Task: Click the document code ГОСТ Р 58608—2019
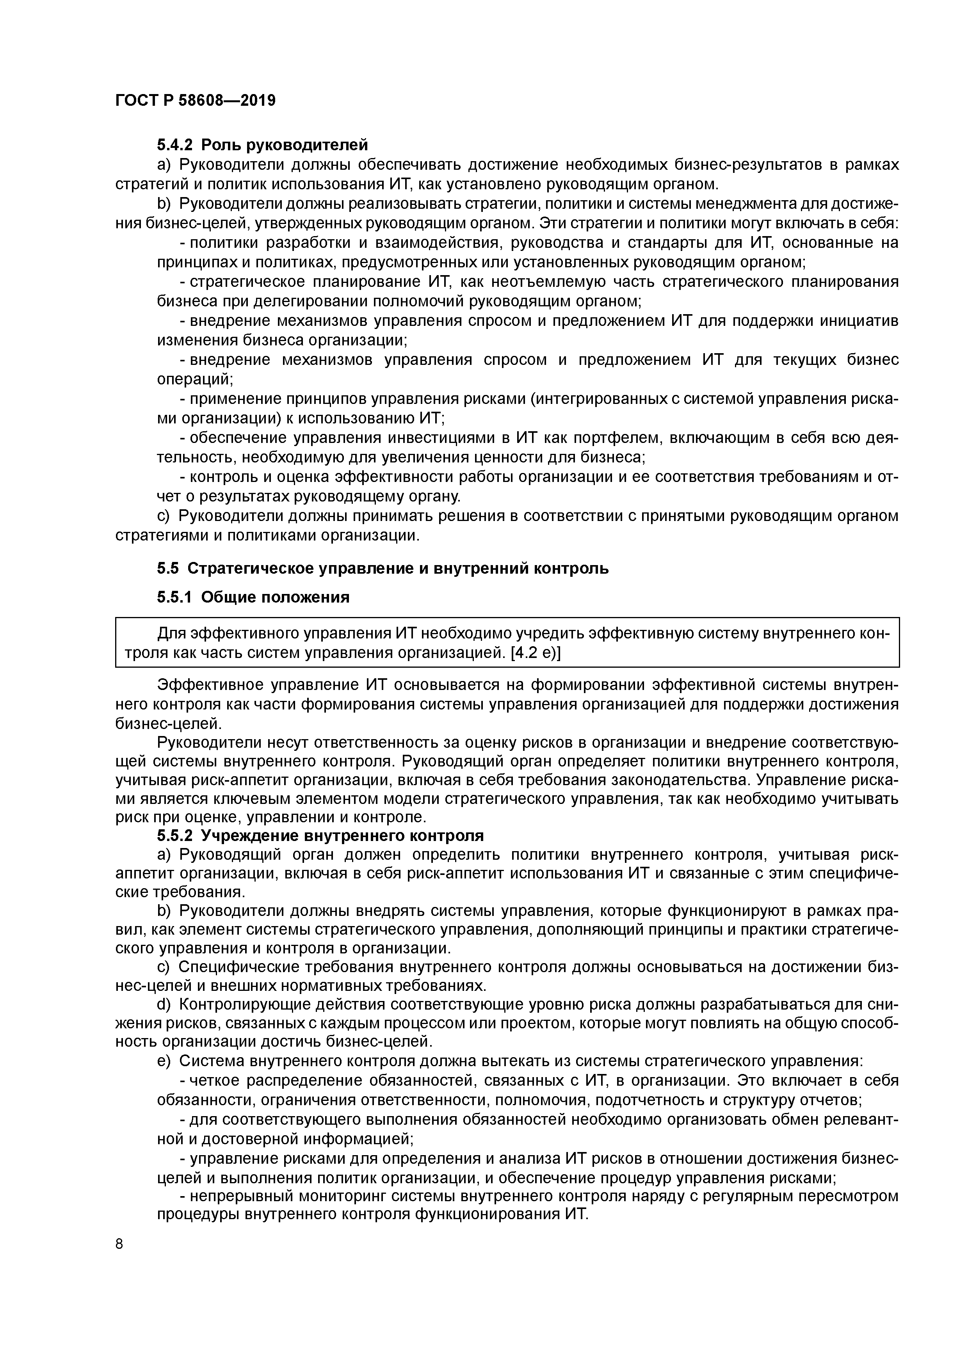coord(195,100)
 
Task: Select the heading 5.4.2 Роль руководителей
coord(262,144)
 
